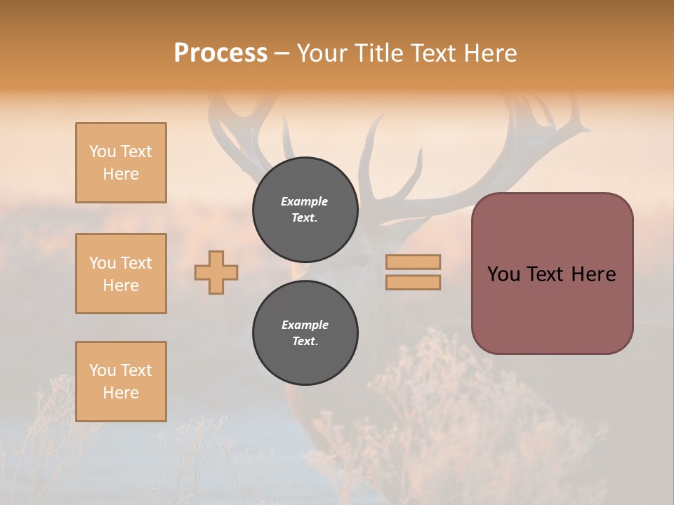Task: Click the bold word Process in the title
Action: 220,53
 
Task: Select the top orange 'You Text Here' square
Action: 121,163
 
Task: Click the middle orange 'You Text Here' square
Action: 121,274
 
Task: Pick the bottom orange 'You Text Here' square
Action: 121,382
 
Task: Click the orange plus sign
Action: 216,272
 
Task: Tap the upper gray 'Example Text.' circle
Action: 305,210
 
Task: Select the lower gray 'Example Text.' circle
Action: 305,333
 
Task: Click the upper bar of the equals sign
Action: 413,262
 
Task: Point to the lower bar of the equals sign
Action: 413,282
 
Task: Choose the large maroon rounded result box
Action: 552,309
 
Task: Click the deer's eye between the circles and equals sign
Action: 362,261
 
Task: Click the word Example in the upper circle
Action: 305,201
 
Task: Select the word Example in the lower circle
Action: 305,325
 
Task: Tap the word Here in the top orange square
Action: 121,174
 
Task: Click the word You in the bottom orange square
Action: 103,370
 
